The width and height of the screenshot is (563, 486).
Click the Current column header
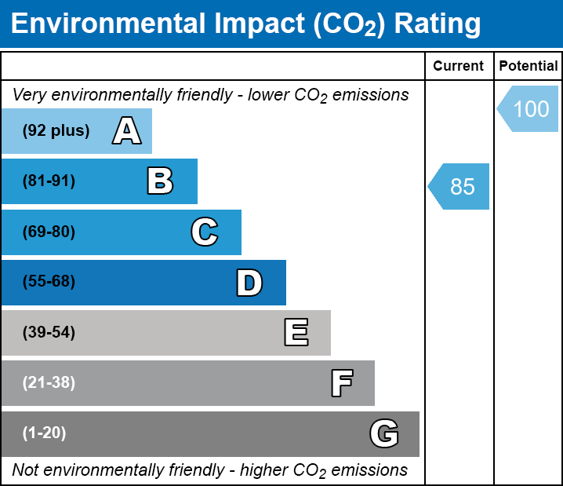(x=459, y=67)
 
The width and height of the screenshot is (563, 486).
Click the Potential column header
(x=528, y=67)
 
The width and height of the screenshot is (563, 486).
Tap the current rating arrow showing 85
(x=460, y=187)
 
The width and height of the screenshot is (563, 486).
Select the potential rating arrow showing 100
(x=529, y=108)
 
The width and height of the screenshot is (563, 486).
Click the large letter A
(x=126, y=131)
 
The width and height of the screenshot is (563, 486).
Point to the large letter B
(x=160, y=181)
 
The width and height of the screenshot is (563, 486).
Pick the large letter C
(x=205, y=232)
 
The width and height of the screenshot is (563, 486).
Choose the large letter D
(x=249, y=283)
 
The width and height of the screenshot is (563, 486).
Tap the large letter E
(x=296, y=333)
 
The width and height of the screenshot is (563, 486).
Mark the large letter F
(x=341, y=383)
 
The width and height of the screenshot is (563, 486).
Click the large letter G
(x=384, y=433)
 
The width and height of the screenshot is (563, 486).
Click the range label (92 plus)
(x=56, y=131)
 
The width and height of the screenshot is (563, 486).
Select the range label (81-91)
(x=49, y=181)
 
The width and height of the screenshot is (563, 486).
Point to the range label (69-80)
(x=49, y=232)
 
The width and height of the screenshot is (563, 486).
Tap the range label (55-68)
(x=49, y=282)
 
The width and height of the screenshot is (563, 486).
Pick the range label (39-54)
(x=49, y=333)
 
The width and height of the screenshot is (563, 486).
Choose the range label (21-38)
(x=49, y=383)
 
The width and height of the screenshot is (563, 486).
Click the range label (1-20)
(x=45, y=433)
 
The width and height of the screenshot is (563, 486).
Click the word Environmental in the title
(x=107, y=24)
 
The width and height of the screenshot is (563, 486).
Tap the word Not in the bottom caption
(x=25, y=470)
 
